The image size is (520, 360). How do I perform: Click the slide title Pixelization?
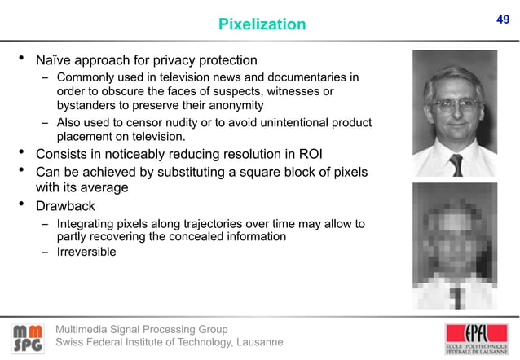pyautogui.click(x=262, y=25)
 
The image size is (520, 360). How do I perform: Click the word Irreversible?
pyautogui.click(x=86, y=252)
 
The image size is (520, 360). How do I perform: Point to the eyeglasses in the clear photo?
pyautogui.click(x=454, y=104)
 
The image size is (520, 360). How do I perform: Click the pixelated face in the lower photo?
pyautogui.click(x=454, y=232)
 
